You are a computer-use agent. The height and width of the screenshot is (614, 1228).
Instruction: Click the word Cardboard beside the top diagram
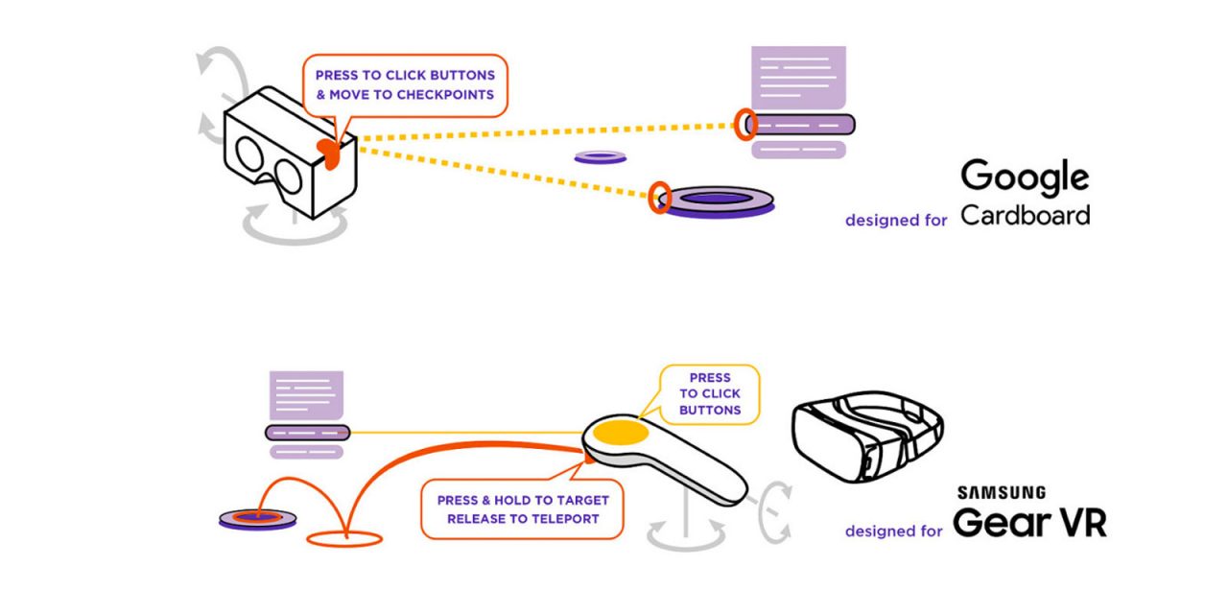pyautogui.click(x=1025, y=215)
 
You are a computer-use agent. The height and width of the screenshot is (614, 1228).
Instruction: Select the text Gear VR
pyautogui.click(x=1029, y=523)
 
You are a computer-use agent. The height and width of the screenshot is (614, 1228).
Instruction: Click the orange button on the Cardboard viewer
pyautogui.click(x=329, y=153)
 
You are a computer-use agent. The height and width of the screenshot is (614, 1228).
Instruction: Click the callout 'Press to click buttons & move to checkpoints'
pyautogui.click(x=405, y=84)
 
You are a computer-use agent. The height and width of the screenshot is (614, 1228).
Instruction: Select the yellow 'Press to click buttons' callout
pyautogui.click(x=710, y=394)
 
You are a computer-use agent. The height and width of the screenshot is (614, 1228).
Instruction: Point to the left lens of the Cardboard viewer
pyautogui.click(x=247, y=154)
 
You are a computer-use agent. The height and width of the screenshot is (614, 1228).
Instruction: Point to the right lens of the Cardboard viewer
pyautogui.click(x=287, y=177)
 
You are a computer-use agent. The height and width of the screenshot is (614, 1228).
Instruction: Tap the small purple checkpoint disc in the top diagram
pyautogui.click(x=601, y=156)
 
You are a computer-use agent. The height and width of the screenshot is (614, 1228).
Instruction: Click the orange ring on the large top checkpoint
pyautogui.click(x=659, y=198)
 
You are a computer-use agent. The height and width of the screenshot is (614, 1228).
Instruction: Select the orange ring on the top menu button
pyautogui.click(x=745, y=123)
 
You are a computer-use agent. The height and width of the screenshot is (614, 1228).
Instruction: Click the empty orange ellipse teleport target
pyautogui.click(x=342, y=538)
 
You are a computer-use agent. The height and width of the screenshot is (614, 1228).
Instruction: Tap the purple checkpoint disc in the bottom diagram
pyautogui.click(x=257, y=519)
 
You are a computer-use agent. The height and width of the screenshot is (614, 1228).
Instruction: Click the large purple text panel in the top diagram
pyautogui.click(x=798, y=77)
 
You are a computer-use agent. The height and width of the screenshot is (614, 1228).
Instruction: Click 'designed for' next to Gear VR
pyautogui.click(x=893, y=531)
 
